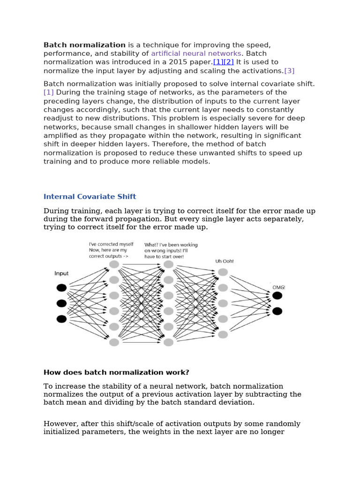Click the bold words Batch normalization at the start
tap(84, 45)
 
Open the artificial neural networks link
tap(196, 53)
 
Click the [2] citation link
tap(229, 62)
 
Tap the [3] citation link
tap(289, 71)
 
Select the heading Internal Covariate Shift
tap(90, 196)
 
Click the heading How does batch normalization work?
tap(116, 372)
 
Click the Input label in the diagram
tap(61, 273)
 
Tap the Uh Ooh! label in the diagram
tap(224, 261)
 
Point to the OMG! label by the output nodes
tap(278, 287)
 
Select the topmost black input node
tap(61, 287)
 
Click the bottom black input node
tap(61, 319)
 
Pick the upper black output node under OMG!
tap(277, 295)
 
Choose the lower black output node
tap(277, 311)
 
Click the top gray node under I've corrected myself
tap(114, 264)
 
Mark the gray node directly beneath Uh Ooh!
tap(223, 272)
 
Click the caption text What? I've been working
tap(171, 245)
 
